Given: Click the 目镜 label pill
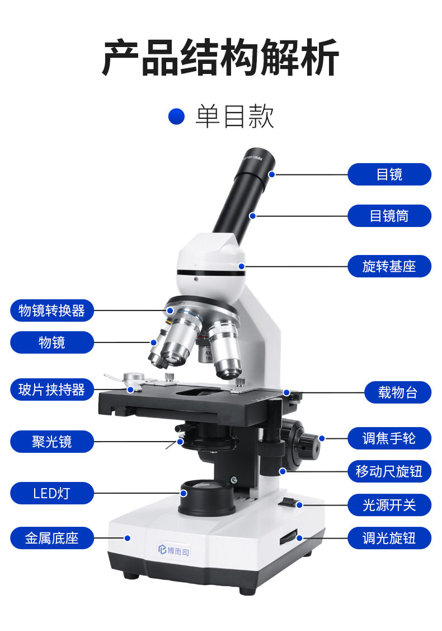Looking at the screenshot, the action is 389,174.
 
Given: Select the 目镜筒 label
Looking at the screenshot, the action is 389,216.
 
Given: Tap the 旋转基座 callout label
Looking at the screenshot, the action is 389,266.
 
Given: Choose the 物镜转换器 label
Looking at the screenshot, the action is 52,310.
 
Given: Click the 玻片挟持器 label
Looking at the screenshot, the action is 52,389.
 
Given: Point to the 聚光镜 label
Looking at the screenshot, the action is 52,442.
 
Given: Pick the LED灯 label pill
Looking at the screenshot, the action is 52,493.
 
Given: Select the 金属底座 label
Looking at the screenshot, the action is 52,538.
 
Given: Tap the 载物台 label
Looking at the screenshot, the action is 397,392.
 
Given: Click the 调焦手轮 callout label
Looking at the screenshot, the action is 389,438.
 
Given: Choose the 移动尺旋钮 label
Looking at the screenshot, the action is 389,471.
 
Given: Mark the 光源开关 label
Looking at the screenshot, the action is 389,505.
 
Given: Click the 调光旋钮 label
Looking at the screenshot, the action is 389,538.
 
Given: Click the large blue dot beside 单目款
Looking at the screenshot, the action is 176,117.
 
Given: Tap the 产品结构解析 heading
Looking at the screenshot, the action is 220,57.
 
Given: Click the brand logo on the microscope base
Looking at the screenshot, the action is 173,550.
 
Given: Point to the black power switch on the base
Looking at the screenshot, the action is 289,502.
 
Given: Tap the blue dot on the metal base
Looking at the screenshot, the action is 128,538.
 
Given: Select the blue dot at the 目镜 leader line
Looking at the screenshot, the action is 271,175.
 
